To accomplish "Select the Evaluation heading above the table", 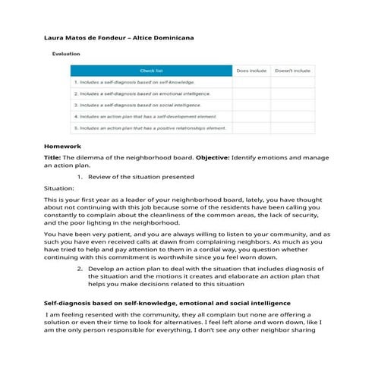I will click(67, 55).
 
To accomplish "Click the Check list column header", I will click(150, 71).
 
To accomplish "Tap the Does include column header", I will click(251, 71).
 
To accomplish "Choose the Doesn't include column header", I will click(292, 71).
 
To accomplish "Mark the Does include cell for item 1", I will click(251, 81).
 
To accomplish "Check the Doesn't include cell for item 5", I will click(292, 128).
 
